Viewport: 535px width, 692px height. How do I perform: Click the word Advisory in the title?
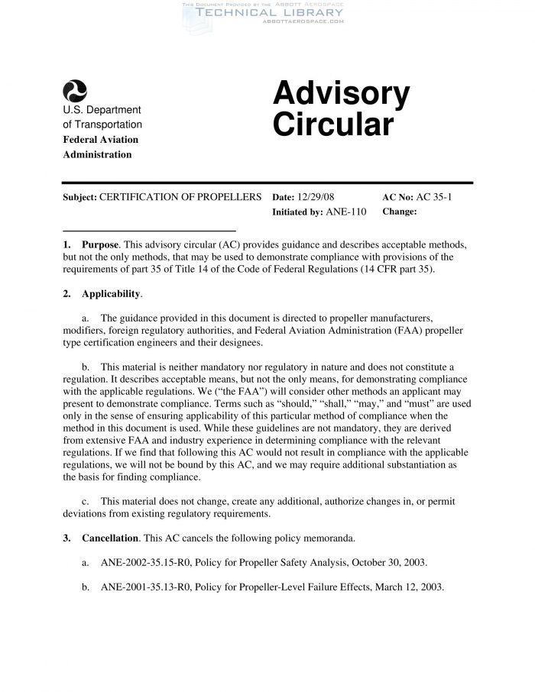[x=341, y=95]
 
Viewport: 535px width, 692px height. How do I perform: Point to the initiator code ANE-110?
[x=346, y=212]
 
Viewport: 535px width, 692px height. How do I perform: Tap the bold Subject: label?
[x=79, y=197]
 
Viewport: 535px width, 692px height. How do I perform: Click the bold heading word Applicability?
[x=112, y=293]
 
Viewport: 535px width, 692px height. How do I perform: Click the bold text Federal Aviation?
[x=100, y=140]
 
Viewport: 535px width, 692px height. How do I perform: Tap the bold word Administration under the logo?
[x=97, y=154]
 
